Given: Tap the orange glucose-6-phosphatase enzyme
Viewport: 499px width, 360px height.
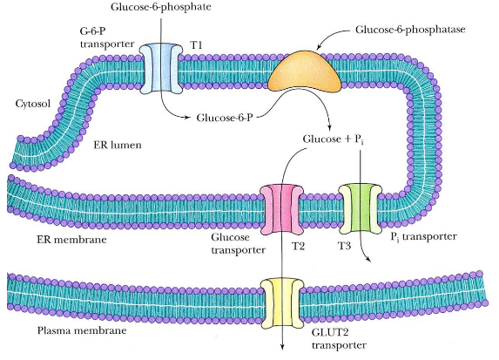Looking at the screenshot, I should [x=304, y=73].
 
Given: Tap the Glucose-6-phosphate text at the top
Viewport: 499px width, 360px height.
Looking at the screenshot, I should [x=161, y=8].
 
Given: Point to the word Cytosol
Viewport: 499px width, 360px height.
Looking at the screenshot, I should [x=33, y=104].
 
